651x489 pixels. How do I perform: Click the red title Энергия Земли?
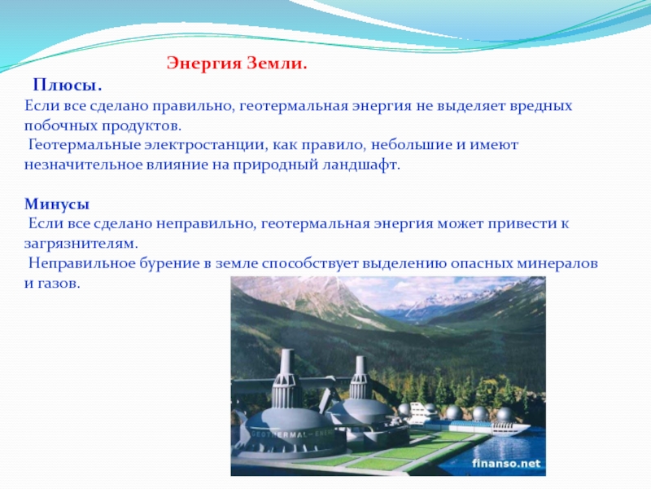[x=237, y=64]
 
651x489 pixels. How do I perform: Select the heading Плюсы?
[x=68, y=86]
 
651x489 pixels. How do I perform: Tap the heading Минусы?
[x=57, y=205]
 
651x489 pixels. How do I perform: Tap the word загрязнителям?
[x=81, y=244]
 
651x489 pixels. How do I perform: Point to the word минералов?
[x=557, y=263]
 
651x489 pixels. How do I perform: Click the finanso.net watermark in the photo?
[x=506, y=463]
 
